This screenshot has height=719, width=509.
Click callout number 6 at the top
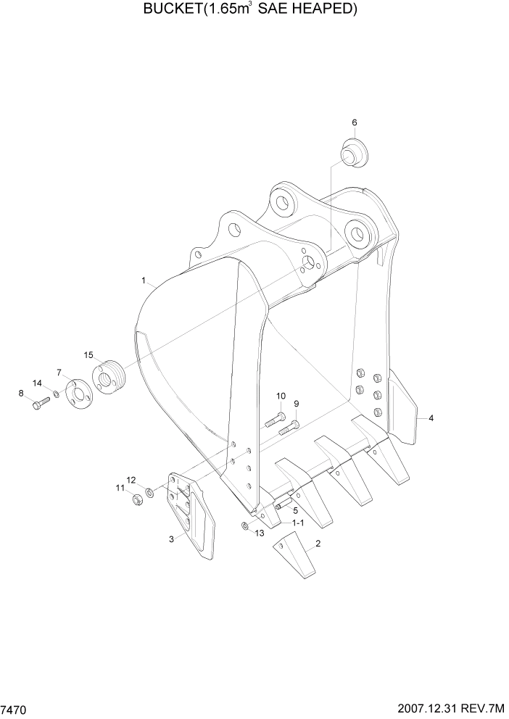click(355, 122)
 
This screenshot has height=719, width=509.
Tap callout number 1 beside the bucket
click(144, 280)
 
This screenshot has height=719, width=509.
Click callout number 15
click(88, 355)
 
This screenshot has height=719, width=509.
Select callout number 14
click(37, 383)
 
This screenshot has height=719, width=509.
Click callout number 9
click(296, 404)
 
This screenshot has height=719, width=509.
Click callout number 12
click(131, 480)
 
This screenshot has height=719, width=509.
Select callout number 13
click(260, 534)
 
